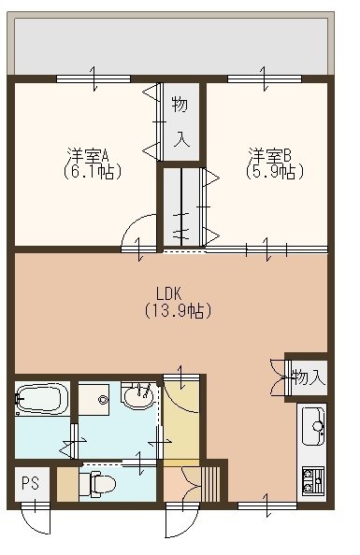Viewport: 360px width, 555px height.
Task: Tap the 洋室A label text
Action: point(87,155)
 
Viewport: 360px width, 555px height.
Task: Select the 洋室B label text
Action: point(269,155)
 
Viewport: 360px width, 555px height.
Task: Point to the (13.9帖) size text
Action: point(178,309)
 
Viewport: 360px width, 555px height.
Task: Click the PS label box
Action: point(31,483)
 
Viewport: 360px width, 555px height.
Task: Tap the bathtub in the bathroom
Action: point(41,400)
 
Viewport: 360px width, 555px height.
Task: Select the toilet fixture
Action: point(98,484)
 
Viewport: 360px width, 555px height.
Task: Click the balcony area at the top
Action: point(173,45)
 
